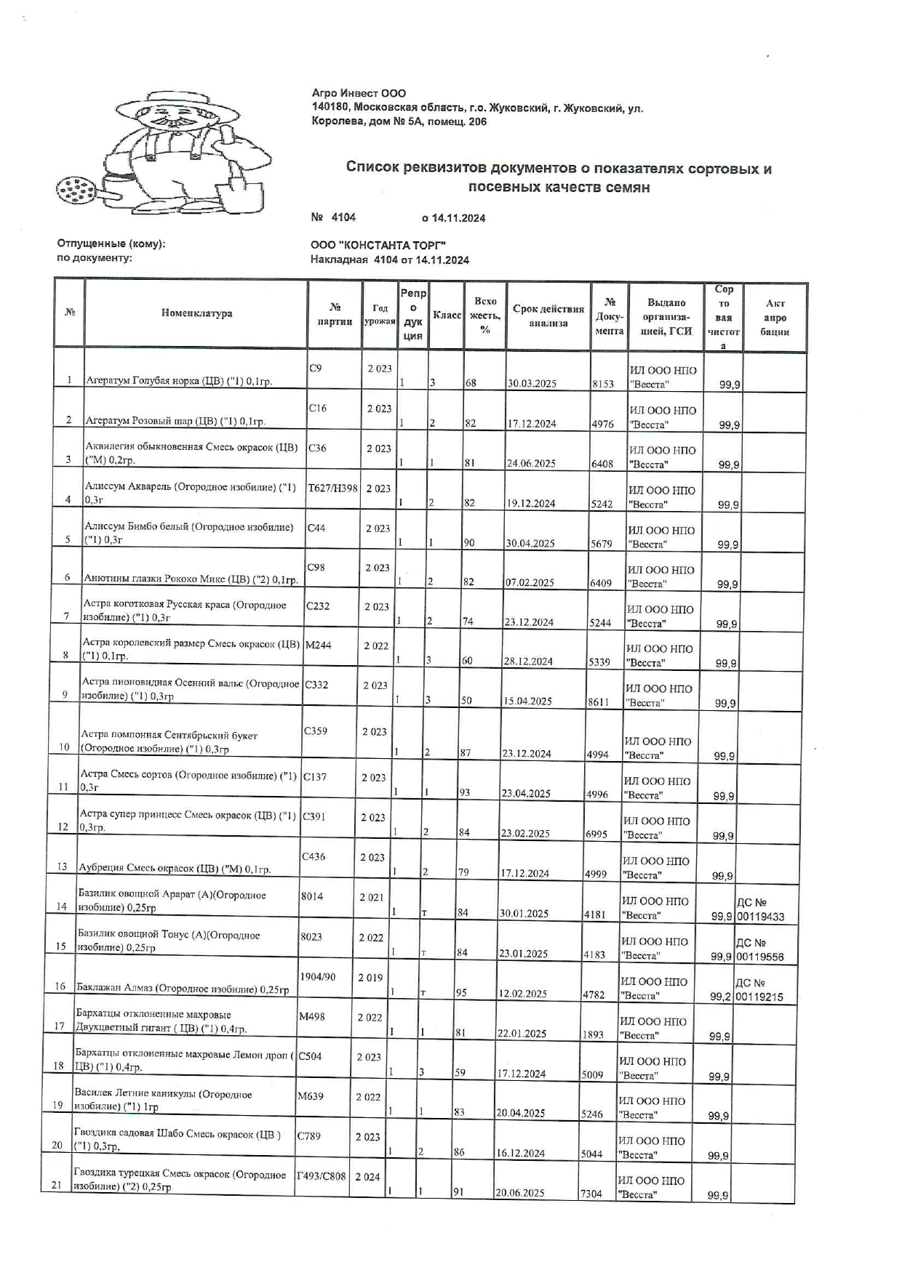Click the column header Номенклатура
pyautogui.click(x=196, y=313)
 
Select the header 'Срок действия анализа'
pyautogui.click(x=548, y=315)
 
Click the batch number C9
pyautogui.click(x=315, y=368)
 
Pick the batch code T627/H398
pyautogui.click(x=333, y=488)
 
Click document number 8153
pyautogui.click(x=602, y=384)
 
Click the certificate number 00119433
pyautogui.click(x=760, y=917)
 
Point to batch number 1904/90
pyautogui.click(x=317, y=976)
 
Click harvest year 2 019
pyautogui.click(x=370, y=977)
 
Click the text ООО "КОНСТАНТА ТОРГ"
pyautogui.click(x=378, y=246)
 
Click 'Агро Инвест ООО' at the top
pyautogui.click(x=359, y=93)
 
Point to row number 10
pyautogui.click(x=64, y=747)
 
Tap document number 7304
pyautogui.click(x=591, y=1194)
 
